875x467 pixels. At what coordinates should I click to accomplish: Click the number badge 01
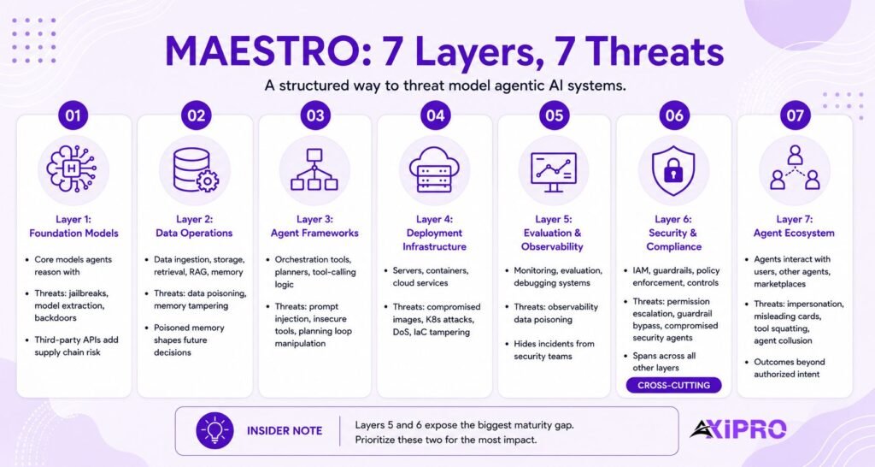tap(73, 115)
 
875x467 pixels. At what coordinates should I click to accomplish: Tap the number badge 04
tap(435, 115)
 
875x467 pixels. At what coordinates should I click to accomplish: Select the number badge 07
tap(795, 115)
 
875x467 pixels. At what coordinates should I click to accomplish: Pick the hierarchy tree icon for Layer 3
tap(314, 169)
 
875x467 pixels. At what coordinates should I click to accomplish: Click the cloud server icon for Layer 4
tap(435, 169)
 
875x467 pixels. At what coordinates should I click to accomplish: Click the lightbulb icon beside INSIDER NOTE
tap(214, 431)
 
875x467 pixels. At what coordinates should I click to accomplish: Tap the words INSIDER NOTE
tap(285, 431)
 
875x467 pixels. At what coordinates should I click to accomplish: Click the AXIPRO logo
tap(737, 429)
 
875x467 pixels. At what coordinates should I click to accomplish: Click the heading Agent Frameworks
tap(314, 233)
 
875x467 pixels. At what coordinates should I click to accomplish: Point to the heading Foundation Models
tap(73, 233)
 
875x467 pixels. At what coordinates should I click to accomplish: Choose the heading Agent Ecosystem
tap(794, 233)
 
